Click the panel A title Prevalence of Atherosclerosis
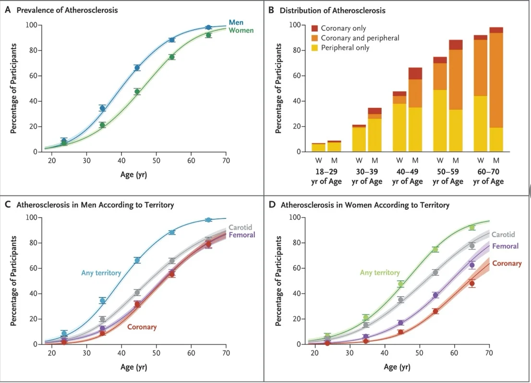pyautogui.click(x=67, y=10)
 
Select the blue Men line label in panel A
pyautogui.click(x=236, y=23)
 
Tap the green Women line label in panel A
pyautogui.click(x=241, y=31)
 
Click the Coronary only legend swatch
pyautogui.click(x=314, y=28)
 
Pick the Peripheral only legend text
pyautogui.click(x=345, y=48)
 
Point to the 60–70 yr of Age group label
pyautogui.click(x=488, y=177)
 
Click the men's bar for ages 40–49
pyautogui.click(x=415, y=110)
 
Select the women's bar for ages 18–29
pyautogui.click(x=318, y=147)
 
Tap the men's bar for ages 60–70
pyautogui.click(x=496, y=89)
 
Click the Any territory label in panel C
pyautogui.click(x=101, y=273)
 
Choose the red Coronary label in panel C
pyautogui.click(x=142, y=327)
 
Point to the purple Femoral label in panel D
pyautogui.click(x=505, y=246)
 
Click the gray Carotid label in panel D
pyautogui.click(x=503, y=234)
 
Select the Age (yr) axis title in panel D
pyautogui.click(x=397, y=367)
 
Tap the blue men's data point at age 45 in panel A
pyautogui.click(x=137, y=68)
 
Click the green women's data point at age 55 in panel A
pyautogui.click(x=172, y=57)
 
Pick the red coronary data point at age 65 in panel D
pyautogui.click(x=472, y=284)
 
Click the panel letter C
pyautogui.click(x=8, y=205)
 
